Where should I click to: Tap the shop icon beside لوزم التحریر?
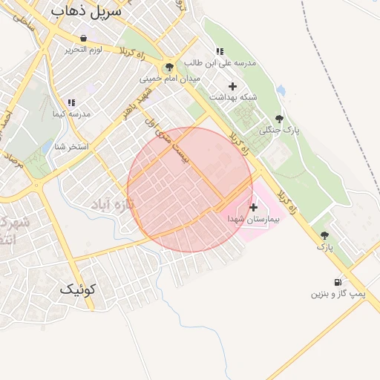point(82,38)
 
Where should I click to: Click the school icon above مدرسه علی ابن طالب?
point(220,51)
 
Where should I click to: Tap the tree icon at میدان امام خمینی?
point(170,67)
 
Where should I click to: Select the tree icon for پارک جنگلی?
point(279,118)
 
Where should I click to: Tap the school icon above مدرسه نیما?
point(71,103)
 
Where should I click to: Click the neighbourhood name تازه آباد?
point(111,203)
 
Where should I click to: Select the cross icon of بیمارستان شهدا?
point(255,207)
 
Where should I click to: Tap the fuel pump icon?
point(338,283)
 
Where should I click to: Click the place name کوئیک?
point(78,290)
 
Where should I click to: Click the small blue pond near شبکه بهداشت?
point(281,91)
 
